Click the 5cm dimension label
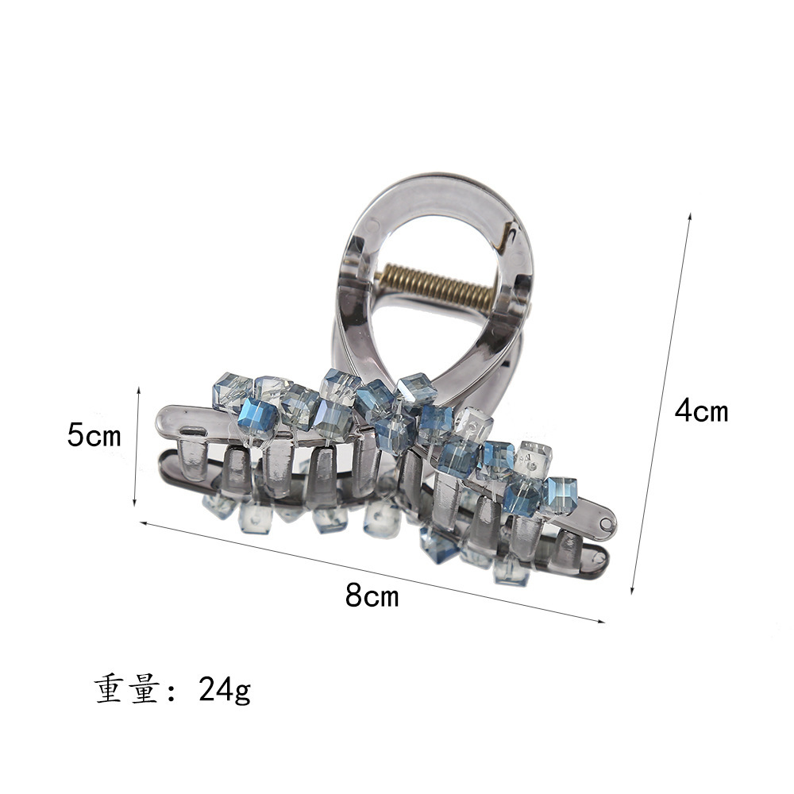click(94, 435)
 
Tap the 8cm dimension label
click(372, 595)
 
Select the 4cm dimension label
click(701, 410)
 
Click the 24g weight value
click(225, 690)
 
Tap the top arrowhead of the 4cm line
click(689, 216)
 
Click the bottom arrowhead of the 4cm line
click(633, 591)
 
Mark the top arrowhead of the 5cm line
click(137, 391)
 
